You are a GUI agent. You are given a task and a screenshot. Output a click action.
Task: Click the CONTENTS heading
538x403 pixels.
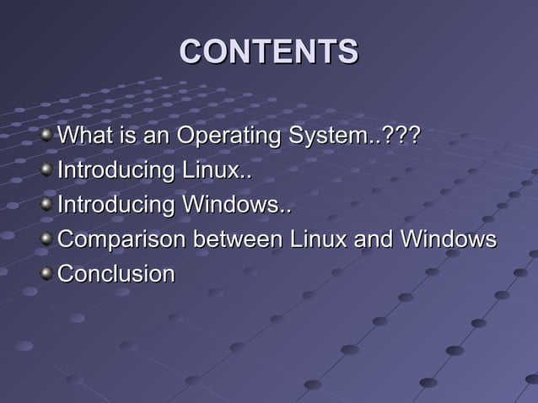pos(269,51)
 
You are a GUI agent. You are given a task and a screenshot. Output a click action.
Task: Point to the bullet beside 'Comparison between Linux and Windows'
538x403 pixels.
pos(49,239)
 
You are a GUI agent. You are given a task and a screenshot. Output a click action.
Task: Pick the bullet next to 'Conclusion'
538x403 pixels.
pos(49,273)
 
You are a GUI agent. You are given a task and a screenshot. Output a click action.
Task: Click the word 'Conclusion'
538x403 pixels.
pos(116,274)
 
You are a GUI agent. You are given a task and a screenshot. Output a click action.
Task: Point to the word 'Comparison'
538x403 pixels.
pos(122,239)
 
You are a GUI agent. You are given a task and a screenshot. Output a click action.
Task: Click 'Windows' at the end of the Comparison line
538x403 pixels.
pos(447,239)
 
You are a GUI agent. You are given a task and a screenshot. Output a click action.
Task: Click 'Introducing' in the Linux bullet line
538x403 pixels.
pos(116,169)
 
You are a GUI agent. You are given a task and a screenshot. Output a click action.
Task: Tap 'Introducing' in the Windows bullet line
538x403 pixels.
pos(116,205)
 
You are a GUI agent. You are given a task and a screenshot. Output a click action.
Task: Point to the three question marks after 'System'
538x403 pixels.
pos(401,135)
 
